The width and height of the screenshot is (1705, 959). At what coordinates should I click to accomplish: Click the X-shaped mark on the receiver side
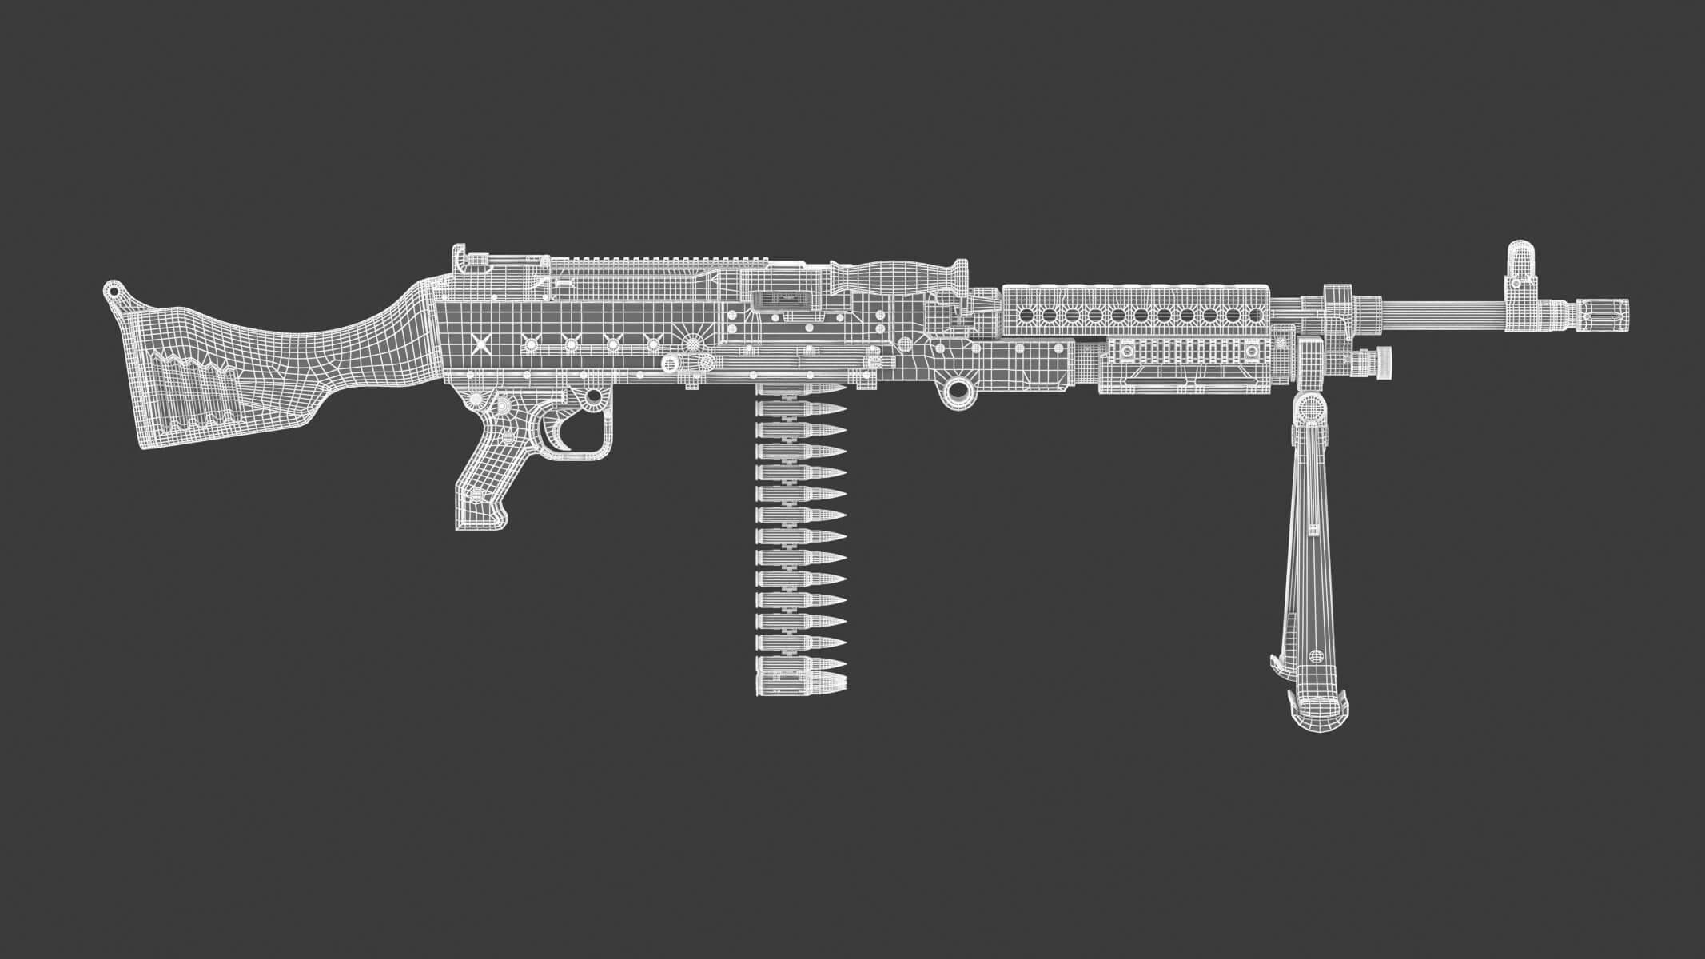(480, 344)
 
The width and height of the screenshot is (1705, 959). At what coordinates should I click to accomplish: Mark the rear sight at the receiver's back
(462, 257)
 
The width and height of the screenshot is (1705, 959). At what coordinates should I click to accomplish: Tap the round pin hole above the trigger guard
(593, 396)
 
